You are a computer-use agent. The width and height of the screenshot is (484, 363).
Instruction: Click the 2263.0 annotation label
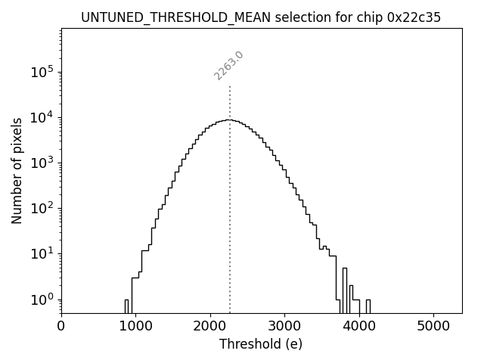[x=228, y=65]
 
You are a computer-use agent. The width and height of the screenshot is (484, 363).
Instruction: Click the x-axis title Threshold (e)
[x=260, y=345]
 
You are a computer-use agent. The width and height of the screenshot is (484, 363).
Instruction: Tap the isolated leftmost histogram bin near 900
[x=126, y=306]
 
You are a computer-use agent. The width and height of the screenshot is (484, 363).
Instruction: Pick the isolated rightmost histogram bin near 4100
[x=368, y=306]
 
